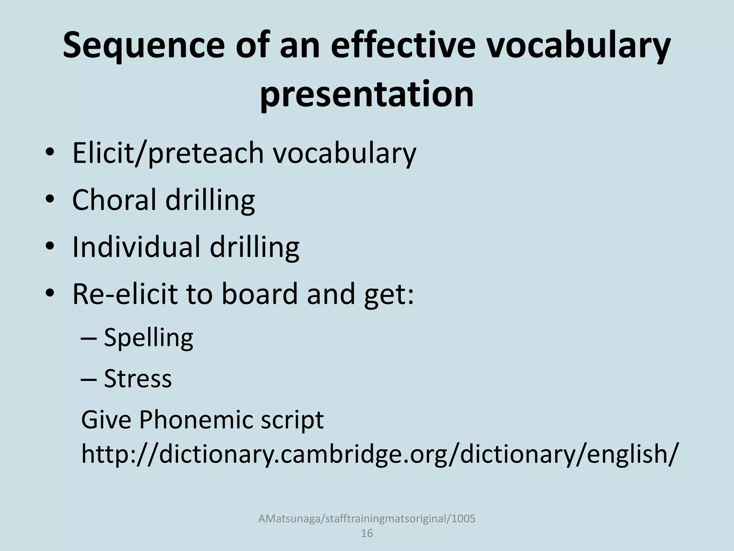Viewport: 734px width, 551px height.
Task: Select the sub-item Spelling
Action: (148, 338)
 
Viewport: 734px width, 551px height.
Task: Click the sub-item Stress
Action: (138, 378)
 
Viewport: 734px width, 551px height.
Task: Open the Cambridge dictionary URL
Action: (380, 454)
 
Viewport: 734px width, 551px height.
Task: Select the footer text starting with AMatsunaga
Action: (367, 519)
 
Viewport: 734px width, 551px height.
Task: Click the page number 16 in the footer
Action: (367, 533)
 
